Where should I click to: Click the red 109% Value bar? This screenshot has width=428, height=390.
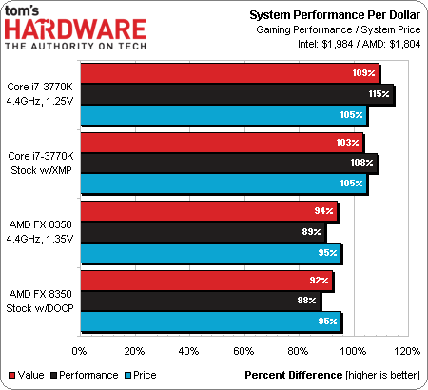[x=230, y=73]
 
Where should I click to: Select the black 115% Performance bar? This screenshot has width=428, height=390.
[x=237, y=94]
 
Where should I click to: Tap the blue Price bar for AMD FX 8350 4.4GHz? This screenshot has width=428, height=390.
[x=211, y=253]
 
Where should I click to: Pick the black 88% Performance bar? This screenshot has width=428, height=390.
[x=201, y=301]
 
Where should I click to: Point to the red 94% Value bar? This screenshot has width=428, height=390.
[x=209, y=211]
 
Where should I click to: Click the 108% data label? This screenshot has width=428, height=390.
[x=361, y=163]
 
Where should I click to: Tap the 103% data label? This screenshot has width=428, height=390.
[x=347, y=143]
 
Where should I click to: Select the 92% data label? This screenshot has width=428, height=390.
[x=319, y=281]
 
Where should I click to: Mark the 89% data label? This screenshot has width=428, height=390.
[x=311, y=232]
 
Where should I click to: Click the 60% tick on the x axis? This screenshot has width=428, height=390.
[x=243, y=351]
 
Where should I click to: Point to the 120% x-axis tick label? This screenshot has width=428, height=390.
[x=407, y=351]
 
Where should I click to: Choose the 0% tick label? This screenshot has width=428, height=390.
[x=79, y=351]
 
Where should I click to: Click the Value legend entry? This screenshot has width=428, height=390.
[x=27, y=375]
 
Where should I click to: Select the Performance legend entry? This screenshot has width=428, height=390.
[x=85, y=375]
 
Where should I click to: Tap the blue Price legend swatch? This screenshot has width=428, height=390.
[x=127, y=376]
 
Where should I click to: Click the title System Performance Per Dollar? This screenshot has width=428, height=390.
[x=335, y=15]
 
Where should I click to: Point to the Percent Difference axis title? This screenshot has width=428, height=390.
[x=294, y=375]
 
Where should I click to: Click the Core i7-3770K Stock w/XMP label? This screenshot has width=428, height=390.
[x=41, y=164]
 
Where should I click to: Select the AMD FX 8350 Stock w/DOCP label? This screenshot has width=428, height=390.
[x=40, y=302]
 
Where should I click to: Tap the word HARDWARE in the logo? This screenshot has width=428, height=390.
[x=75, y=29]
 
